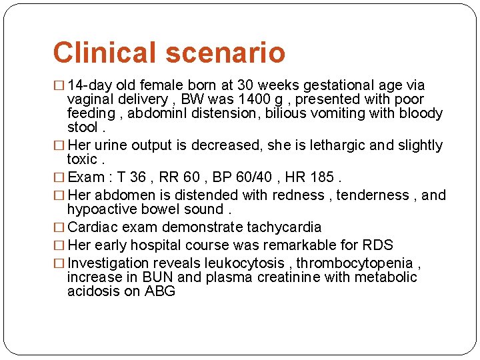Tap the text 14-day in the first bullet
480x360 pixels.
[91, 85]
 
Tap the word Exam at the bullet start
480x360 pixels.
[86, 177]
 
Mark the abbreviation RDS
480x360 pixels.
[377, 245]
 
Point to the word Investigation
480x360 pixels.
[108, 263]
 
